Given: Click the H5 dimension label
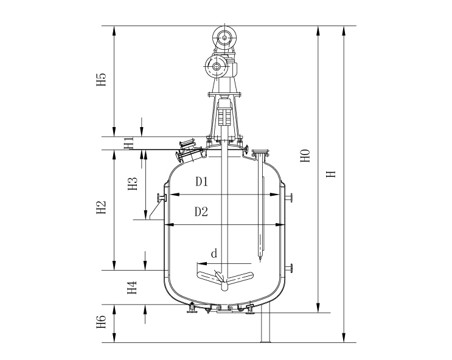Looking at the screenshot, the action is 101,80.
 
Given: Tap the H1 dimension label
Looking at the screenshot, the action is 128,143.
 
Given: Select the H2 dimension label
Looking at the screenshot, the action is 101,207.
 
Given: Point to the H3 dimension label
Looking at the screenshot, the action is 133,184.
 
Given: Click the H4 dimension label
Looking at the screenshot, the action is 132,288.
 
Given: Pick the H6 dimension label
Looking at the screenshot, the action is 101,322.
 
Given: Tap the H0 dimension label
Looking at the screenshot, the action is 305,156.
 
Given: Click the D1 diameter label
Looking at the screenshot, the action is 201,182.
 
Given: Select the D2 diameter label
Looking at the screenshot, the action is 201,212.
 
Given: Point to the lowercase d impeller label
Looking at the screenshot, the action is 214,254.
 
